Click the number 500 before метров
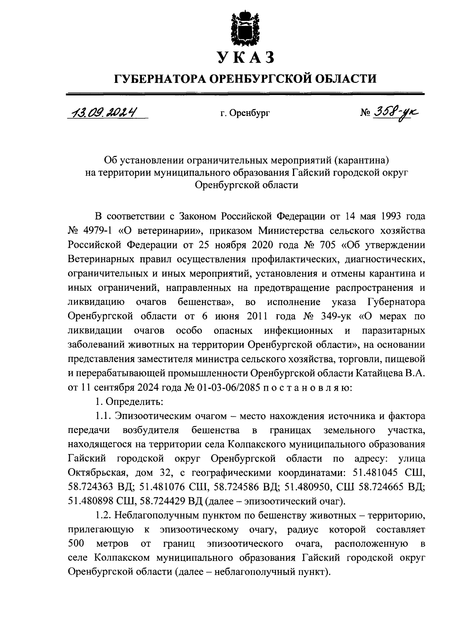point(75,544)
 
